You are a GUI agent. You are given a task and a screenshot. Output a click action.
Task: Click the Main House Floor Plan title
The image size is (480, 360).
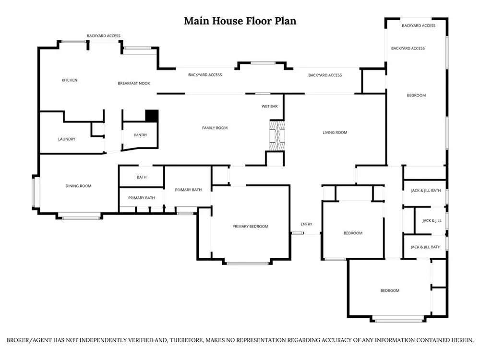(240, 21)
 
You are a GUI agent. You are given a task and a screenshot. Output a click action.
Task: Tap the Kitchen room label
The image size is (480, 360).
(70, 80)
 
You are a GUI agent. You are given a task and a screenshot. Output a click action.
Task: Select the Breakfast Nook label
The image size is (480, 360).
(134, 83)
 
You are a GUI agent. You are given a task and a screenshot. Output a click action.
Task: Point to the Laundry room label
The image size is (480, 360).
(67, 139)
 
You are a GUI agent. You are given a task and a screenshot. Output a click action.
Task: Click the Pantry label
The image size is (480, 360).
(141, 135)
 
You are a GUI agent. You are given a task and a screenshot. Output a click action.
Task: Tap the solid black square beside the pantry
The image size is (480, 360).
(152, 116)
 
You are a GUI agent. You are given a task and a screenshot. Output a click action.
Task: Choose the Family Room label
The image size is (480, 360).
(215, 128)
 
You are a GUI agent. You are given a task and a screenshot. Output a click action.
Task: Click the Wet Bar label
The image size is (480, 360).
(270, 107)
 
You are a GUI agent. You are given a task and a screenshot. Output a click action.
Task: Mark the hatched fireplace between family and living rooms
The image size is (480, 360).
(277, 136)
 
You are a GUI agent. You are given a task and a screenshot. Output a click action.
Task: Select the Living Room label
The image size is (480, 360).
(335, 132)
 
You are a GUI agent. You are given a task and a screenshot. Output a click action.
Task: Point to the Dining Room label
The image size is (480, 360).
(78, 186)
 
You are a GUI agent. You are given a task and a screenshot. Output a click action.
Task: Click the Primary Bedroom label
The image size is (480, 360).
(251, 227)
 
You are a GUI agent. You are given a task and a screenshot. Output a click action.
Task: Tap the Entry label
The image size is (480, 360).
(306, 224)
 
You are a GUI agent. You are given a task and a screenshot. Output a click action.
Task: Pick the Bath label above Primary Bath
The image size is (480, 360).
(142, 177)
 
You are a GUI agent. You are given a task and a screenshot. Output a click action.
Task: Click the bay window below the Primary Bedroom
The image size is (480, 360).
(247, 263)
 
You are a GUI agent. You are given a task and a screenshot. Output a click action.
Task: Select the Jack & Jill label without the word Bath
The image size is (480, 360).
(432, 221)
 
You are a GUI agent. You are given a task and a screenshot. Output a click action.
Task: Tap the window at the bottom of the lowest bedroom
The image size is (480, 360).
(397, 321)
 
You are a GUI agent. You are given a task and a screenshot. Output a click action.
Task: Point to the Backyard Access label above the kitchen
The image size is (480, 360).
(104, 36)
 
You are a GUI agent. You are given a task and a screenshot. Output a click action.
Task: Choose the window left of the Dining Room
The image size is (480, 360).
(34, 193)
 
